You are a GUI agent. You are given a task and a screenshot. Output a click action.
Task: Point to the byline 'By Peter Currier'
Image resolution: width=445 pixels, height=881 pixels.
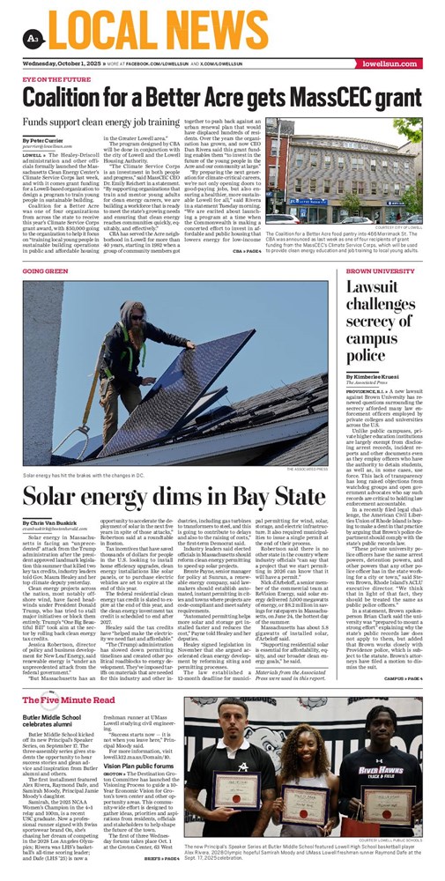point(42,141)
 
